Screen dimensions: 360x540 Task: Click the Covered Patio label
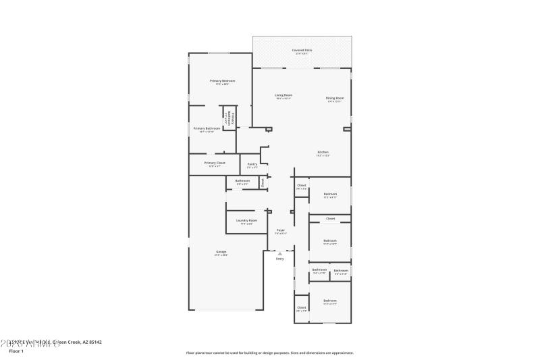pos(302,50)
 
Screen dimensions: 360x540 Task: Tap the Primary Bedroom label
pos(222,81)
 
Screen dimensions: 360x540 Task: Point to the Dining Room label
pos(335,99)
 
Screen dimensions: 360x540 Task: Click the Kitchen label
pos(323,153)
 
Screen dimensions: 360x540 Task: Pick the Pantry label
pos(252,164)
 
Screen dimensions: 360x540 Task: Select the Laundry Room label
pos(246,221)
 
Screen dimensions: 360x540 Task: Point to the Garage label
pos(221,252)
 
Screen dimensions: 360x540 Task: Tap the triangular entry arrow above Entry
pos(280,253)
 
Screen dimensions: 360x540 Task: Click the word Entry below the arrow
pos(280,259)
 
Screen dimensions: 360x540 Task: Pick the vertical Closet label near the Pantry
pos(263,182)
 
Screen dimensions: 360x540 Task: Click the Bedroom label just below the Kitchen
pos(330,195)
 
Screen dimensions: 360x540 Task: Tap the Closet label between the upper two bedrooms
pos(330,219)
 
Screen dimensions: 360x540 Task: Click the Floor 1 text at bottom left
pos(16,351)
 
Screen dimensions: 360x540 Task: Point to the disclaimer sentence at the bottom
pos(269,353)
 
